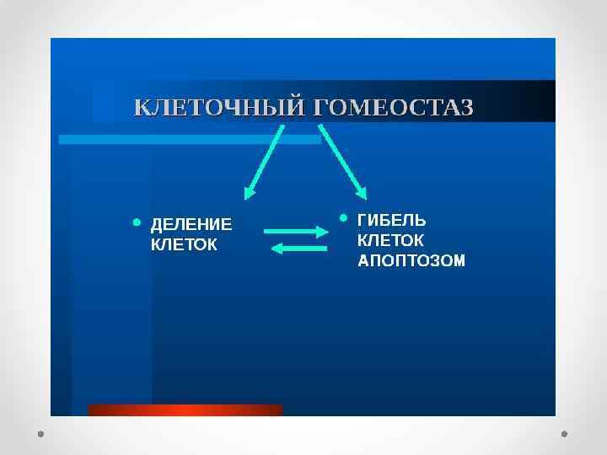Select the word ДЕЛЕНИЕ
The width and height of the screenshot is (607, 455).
pos(191,225)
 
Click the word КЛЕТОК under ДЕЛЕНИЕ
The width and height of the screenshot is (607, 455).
pos(183,245)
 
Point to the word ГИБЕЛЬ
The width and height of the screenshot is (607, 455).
pos(393,221)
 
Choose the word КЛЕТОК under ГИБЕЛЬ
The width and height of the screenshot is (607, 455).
pos(391,240)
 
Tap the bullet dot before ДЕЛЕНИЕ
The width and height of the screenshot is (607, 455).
pos(137,223)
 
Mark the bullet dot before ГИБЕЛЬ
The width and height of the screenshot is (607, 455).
pos(344,218)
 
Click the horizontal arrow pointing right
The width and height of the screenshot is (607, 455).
pos(295,230)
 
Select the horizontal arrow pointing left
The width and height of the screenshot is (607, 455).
pos(300,248)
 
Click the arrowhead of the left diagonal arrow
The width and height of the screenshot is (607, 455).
pos(250,193)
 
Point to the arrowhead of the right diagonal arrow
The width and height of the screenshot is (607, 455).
pos(359,190)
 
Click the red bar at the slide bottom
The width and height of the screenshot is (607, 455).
pos(185,410)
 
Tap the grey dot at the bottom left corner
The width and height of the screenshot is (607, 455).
pos(40,434)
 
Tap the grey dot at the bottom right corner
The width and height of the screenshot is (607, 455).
pos(565,434)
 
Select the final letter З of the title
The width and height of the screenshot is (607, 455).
pos(466,109)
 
